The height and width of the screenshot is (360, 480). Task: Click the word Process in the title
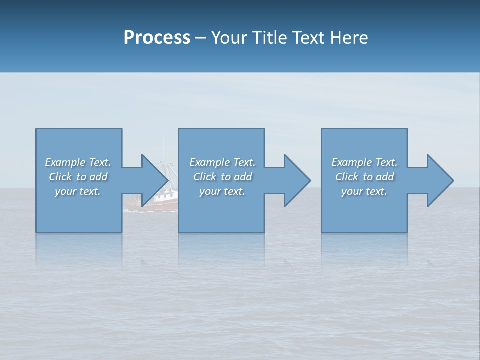point(157,38)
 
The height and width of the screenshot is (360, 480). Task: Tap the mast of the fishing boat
point(163,150)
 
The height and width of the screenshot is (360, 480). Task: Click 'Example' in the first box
point(65,162)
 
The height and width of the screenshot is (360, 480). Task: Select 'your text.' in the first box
point(78,191)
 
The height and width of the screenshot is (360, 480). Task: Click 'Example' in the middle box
point(209,162)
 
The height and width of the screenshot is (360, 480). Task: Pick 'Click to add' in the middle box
point(222,177)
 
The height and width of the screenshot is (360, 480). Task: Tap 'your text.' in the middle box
point(222,191)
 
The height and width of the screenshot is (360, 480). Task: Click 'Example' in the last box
point(351,162)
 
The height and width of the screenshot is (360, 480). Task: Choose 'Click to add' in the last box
point(364,177)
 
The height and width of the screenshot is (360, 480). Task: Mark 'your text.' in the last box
point(364,191)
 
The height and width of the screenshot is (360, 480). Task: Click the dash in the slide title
point(201,38)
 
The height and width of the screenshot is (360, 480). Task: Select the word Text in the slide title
point(307,38)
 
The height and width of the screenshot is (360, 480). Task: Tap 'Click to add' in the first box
point(78,177)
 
